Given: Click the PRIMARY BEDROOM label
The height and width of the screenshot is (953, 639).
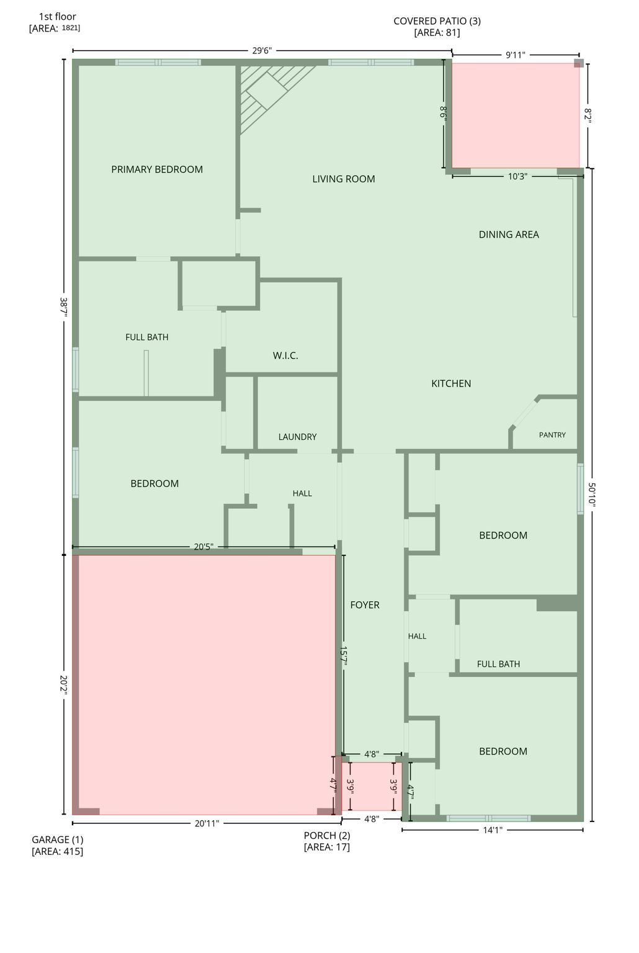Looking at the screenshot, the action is coord(157,169).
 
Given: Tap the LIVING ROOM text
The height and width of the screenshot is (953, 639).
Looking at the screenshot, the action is coord(344,179).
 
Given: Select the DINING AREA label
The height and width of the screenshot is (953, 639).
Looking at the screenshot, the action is coord(509,235).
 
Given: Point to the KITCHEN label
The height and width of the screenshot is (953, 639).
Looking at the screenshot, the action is coord(451,383).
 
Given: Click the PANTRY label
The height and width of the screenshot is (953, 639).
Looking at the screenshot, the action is coord(552,435).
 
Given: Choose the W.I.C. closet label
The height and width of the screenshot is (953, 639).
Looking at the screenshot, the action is coord(285,356).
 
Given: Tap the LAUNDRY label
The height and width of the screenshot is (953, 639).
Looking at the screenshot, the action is coord(297,437).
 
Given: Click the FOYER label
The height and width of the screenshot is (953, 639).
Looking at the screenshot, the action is coord(365,605).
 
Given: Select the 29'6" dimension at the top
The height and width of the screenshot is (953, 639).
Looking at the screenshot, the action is coord(262,51).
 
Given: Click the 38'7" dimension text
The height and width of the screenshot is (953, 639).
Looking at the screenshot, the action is coord(63,306).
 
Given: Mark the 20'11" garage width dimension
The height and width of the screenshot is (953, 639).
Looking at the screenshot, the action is coord(207,824).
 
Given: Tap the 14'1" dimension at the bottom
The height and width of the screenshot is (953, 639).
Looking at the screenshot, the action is coord(493,830).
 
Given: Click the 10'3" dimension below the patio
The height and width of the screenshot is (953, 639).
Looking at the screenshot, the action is coord(517,176).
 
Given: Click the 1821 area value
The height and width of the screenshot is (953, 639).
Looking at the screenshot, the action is coord(71,28).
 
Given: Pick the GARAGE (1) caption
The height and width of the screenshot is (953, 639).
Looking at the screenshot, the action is coord(58,839).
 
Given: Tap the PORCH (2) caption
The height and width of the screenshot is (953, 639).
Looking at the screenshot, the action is coord(327,835).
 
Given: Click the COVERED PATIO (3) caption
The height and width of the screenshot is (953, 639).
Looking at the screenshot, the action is coord(437,21).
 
